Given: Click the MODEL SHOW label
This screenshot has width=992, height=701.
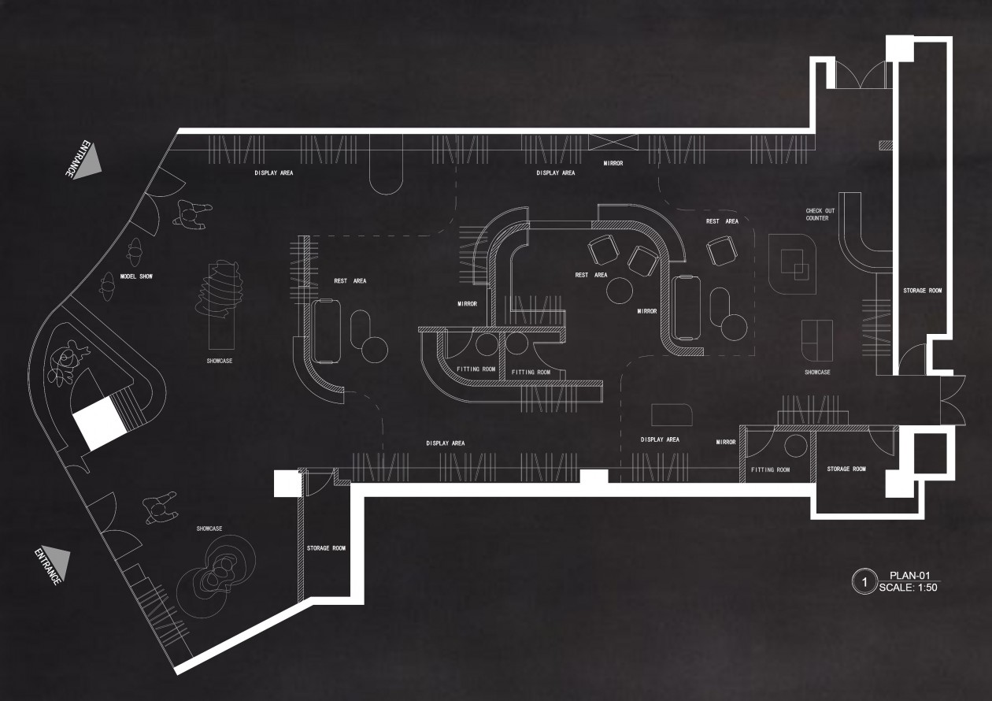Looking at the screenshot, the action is [136, 276].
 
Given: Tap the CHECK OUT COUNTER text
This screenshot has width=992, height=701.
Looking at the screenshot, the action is [820, 214].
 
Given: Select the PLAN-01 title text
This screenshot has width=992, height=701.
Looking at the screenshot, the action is [910, 576].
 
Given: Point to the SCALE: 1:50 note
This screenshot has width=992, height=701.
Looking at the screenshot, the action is [908, 588].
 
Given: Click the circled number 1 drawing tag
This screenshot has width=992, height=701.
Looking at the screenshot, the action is [864, 581].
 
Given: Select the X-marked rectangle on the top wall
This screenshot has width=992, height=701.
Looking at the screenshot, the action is [613, 143].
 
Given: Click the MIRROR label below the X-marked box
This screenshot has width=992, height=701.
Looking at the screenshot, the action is [613, 164].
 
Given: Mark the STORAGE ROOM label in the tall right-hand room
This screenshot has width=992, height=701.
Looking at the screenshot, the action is [923, 291].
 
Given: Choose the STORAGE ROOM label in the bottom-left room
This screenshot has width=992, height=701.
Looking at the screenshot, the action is [326, 548].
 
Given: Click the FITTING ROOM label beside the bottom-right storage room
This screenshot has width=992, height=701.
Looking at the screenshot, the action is [770, 469].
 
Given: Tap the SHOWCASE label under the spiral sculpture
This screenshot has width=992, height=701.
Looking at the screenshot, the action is [219, 362].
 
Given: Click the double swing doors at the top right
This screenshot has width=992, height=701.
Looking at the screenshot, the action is [861, 75].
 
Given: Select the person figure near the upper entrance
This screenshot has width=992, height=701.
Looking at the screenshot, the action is [192, 215].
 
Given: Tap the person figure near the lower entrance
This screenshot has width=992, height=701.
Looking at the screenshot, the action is [160, 508].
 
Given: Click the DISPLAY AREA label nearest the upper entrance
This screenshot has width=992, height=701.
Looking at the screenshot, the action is [274, 172].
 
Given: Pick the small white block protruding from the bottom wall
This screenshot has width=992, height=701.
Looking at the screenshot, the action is [594, 477].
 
